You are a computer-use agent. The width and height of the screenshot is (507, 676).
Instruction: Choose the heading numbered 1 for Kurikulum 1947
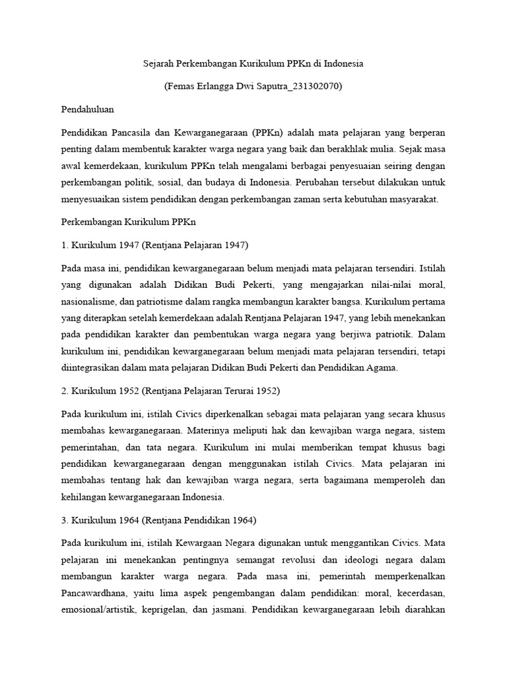click(x=154, y=245)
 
